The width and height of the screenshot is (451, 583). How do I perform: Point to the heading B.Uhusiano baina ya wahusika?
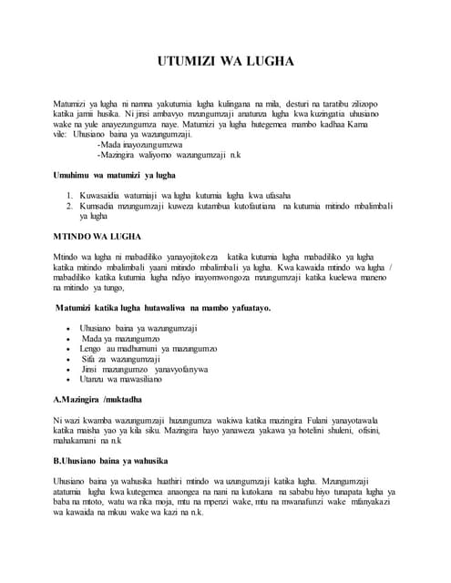pyautogui.click(x=117, y=461)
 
